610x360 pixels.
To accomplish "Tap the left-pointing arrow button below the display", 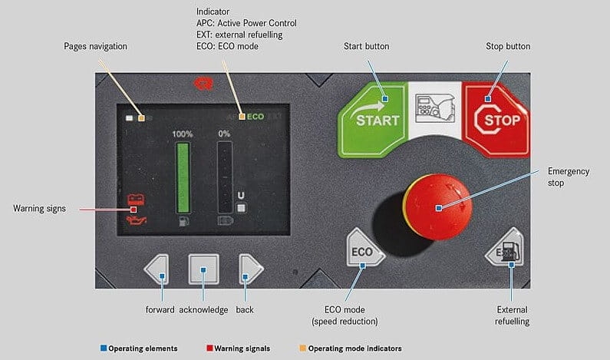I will [x=157, y=269].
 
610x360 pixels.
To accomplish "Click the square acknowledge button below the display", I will [x=203, y=269].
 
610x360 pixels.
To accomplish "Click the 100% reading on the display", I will [x=183, y=134].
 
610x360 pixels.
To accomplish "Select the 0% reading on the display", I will [x=224, y=134].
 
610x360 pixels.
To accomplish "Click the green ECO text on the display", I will [x=255, y=117].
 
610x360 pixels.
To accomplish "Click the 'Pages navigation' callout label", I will [x=95, y=47].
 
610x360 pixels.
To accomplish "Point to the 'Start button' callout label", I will [x=366, y=47].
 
